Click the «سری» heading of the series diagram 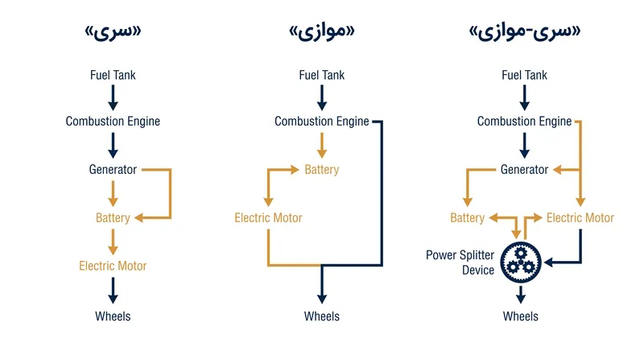[x=113, y=32]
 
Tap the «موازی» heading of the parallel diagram [x=322, y=32]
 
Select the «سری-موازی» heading [x=525, y=32]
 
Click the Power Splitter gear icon [x=520, y=263]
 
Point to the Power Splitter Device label [x=460, y=263]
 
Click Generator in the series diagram [x=113, y=169]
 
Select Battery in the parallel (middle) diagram [x=322, y=169]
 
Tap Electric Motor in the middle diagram [x=268, y=217]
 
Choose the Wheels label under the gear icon [x=520, y=317]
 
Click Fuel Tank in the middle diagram [x=322, y=75]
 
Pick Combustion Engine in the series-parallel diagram [x=525, y=122]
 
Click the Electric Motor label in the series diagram [x=113, y=266]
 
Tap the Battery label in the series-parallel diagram [x=468, y=217]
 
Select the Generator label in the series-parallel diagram [x=525, y=169]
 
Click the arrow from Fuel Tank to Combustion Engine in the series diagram [x=113, y=97]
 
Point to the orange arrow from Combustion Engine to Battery [x=322, y=146]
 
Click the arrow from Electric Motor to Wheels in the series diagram [x=113, y=290]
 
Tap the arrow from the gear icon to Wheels [x=521, y=294]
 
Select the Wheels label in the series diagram [x=113, y=317]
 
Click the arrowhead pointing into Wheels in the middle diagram [x=322, y=298]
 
